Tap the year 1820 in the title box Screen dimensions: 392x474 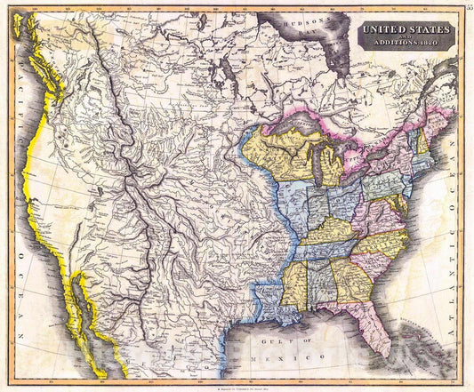point(428,43)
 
